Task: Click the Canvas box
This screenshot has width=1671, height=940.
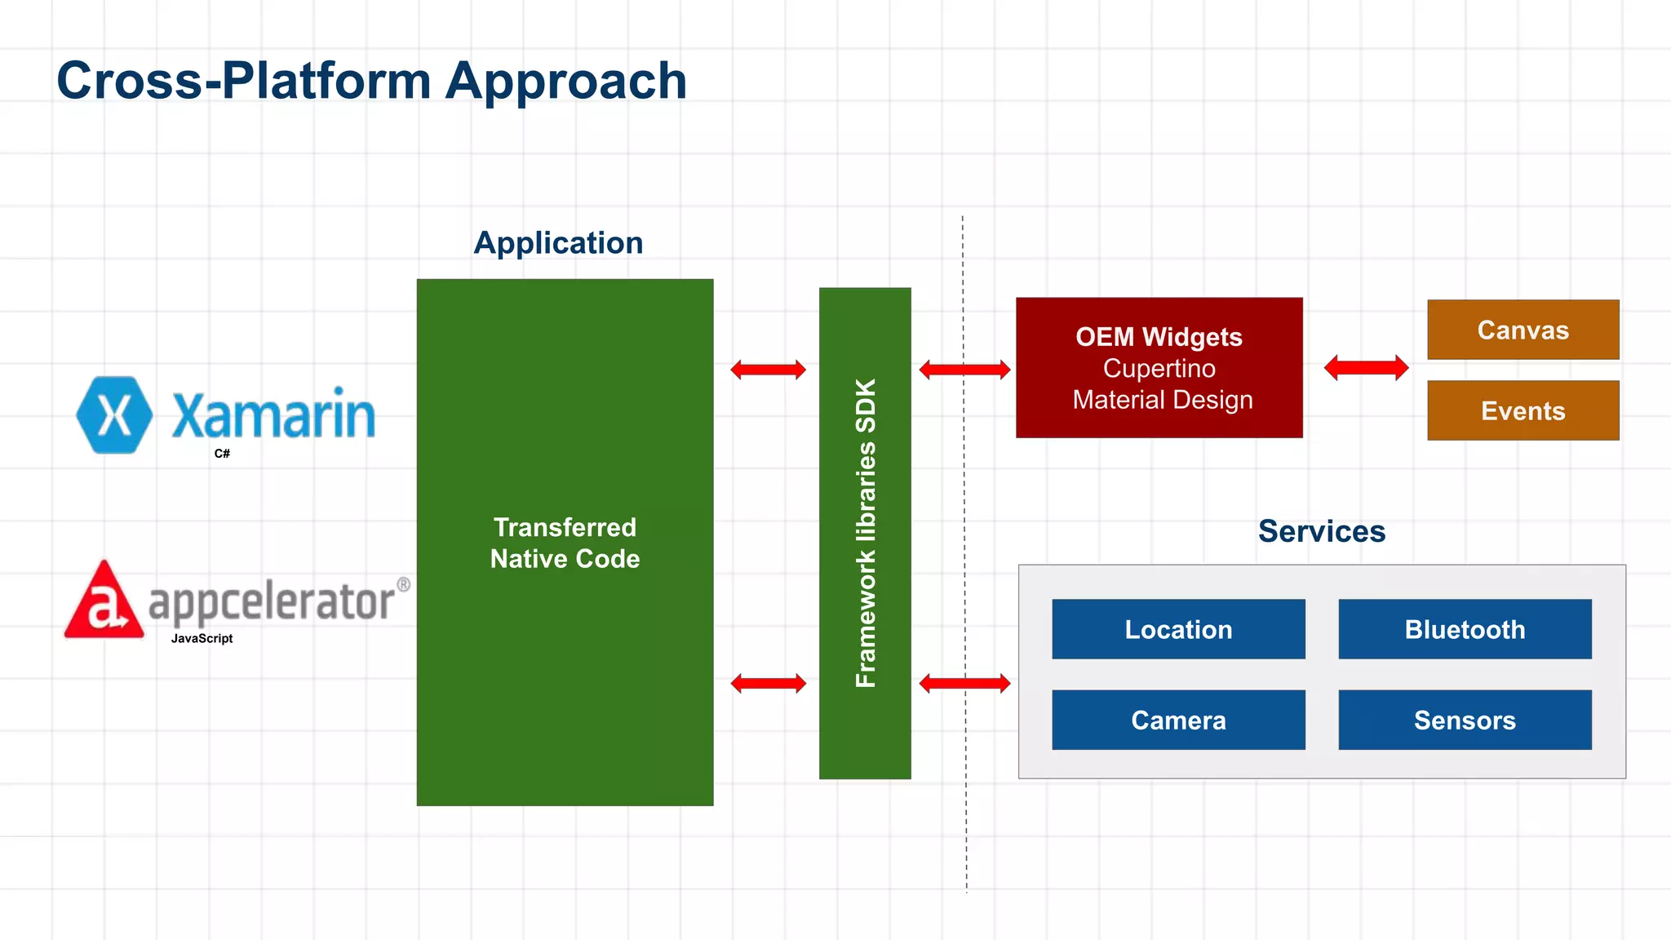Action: [1523, 330]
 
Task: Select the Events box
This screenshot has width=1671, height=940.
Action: [1523, 410]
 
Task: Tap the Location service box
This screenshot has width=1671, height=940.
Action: [1178, 629]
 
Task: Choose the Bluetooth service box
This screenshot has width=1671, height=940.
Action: [1465, 629]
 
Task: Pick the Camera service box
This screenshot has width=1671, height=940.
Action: [1178, 720]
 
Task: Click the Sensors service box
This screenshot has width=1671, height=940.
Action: [1465, 720]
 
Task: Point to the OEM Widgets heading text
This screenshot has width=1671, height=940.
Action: [1159, 337]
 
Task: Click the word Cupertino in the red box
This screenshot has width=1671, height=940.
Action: [1159, 368]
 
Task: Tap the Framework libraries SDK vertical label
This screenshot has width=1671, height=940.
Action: [865, 533]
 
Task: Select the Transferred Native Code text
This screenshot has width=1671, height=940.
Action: [565, 543]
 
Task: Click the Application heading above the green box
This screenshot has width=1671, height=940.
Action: [558, 243]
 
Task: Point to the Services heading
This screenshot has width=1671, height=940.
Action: [1321, 531]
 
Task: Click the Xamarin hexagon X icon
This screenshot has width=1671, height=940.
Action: [114, 415]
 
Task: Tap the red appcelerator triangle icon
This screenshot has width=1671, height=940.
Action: [104, 602]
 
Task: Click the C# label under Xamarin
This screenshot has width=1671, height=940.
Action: [222, 454]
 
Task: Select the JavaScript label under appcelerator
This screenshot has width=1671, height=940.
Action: [202, 639]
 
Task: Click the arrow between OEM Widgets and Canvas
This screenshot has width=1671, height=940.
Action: [1366, 368]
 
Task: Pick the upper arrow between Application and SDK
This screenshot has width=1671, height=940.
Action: [768, 370]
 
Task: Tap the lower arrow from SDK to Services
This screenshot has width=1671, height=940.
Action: [964, 683]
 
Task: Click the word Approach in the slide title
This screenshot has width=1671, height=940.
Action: [566, 81]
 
